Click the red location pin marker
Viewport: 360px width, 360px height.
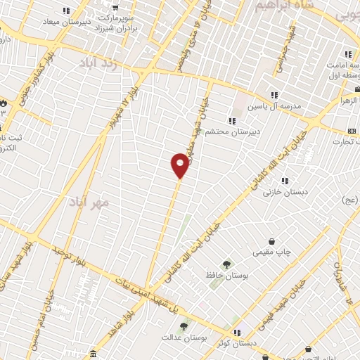click(x=181, y=165)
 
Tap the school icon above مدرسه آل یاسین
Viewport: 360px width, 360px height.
click(x=274, y=95)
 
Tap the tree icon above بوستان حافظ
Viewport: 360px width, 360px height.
click(x=226, y=264)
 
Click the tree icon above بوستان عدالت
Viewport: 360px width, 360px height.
click(x=184, y=326)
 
